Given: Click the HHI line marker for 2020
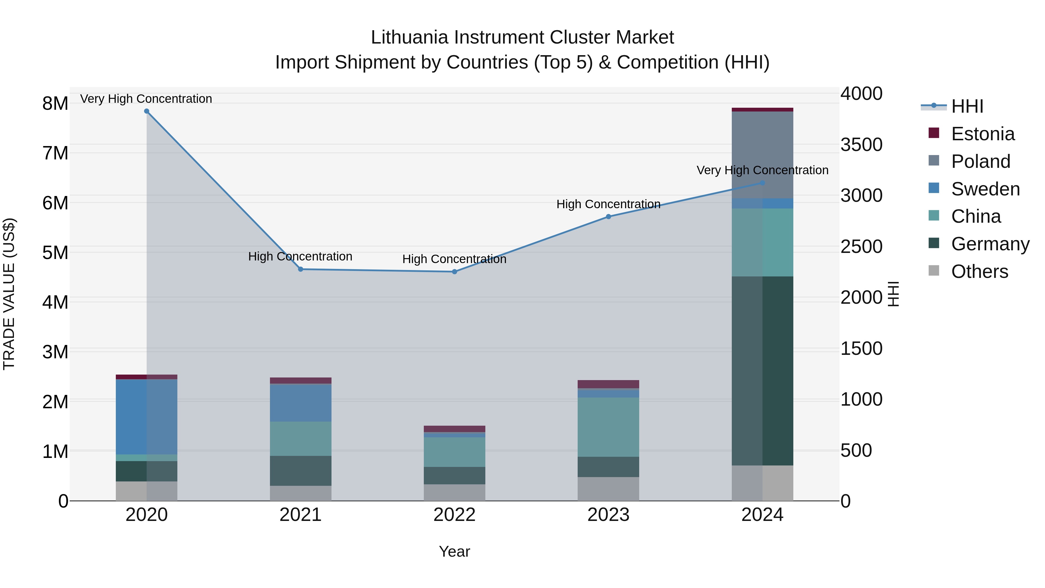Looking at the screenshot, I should tap(147, 111).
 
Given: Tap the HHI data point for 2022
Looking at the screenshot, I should tap(454, 272).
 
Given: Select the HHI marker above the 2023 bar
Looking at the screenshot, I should tap(608, 217).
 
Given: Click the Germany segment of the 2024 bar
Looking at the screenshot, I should tap(762, 371).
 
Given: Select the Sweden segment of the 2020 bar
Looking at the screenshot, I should tap(147, 417).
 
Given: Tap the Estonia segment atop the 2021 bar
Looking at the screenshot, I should tap(301, 381).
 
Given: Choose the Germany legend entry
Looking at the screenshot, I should tap(990, 244).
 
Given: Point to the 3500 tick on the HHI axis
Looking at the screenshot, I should tap(861, 145).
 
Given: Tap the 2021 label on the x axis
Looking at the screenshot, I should tap(301, 515).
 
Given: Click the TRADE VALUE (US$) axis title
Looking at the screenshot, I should tap(9, 294).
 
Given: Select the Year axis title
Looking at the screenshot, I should tap(454, 551).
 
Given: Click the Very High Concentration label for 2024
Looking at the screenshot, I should tap(762, 170).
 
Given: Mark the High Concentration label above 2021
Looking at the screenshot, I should tap(300, 256).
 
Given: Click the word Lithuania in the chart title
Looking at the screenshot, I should tap(409, 38).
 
